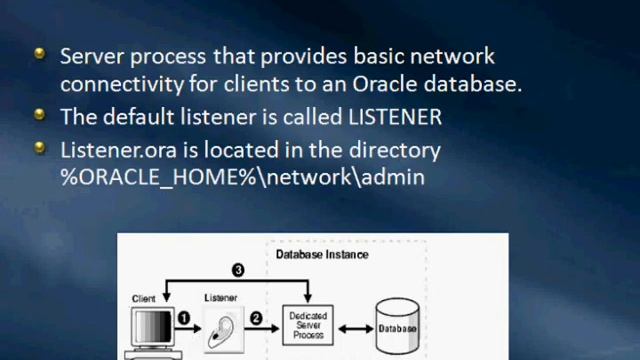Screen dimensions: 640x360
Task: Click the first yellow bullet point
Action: (40, 53)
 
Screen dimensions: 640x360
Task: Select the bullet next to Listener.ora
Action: (40, 147)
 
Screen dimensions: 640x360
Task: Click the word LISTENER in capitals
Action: (394, 117)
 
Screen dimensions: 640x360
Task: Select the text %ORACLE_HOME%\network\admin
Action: (242, 177)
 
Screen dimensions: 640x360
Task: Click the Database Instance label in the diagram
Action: (322, 255)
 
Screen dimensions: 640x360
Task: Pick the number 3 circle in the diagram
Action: (238, 270)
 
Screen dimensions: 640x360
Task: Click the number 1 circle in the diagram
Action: (184, 318)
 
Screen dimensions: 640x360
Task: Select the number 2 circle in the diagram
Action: (256, 318)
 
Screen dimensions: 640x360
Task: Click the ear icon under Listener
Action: (220, 328)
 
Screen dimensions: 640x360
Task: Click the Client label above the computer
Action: (144, 299)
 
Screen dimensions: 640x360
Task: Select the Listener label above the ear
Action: (220, 298)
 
